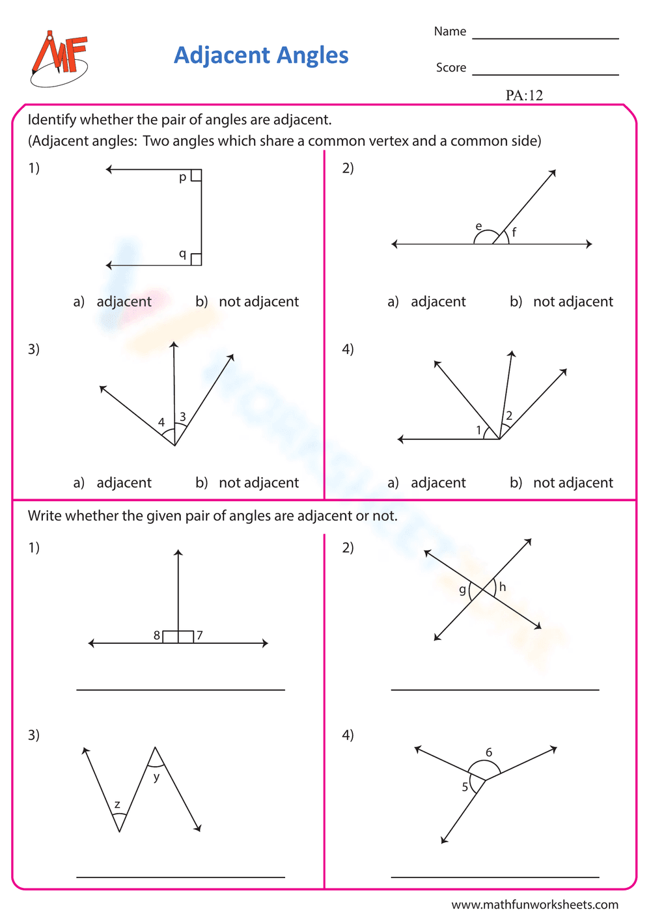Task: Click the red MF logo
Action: click(59, 59)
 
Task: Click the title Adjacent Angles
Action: click(261, 55)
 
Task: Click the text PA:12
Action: click(524, 96)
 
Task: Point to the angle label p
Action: click(182, 177)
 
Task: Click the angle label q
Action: click(182, 254)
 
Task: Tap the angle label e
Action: click(478, 227)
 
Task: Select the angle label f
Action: click(514, 232)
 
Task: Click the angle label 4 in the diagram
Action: click(161, 422)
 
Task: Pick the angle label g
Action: click(462, 590)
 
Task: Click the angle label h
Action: click(502, 587)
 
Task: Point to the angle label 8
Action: click(157, 635)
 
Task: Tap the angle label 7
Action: click(200, 635)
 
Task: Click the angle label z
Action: click(117, 805)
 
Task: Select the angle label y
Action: click(156, 777)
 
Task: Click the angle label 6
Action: click(489, 752)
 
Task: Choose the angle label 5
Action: click(465, 787)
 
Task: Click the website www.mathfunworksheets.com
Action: click(534, 905)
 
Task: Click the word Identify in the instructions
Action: click(51, 120)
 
